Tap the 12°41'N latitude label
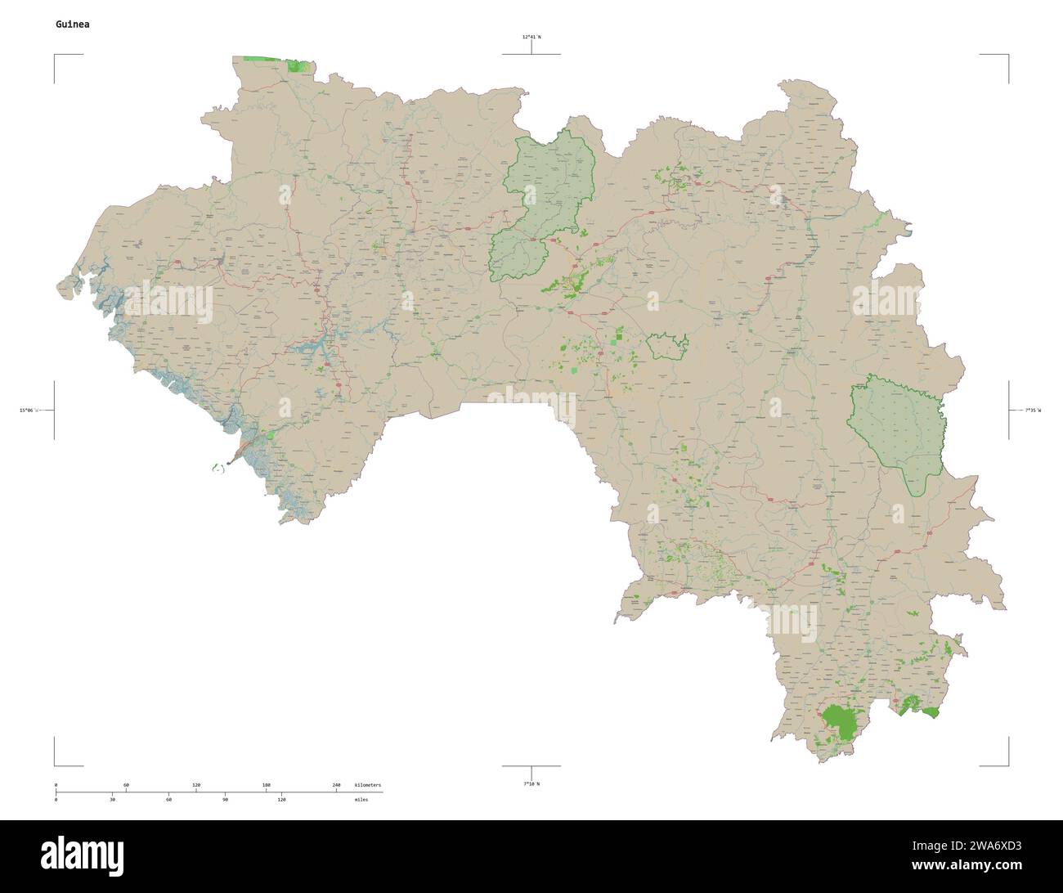531,37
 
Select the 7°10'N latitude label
531,784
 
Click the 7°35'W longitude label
1034,410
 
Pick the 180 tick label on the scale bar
266,785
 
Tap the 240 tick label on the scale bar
336,785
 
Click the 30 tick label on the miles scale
112,799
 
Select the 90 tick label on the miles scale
225,799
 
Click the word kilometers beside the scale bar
368,785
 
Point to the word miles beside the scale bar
361,799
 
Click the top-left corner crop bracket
56,56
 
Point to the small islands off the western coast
218,468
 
